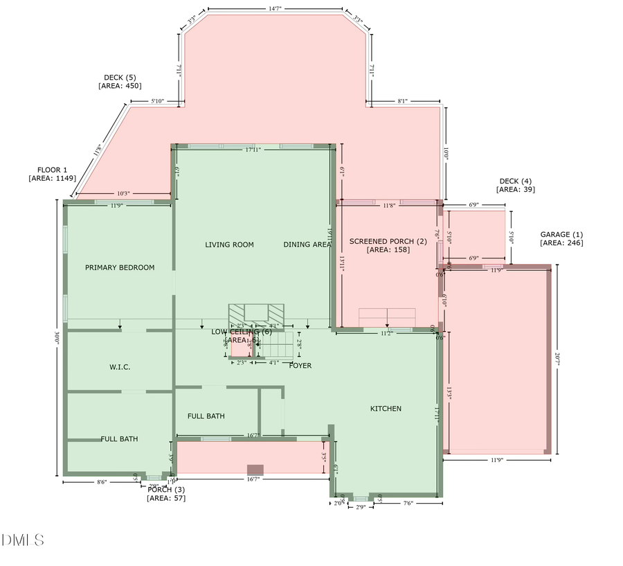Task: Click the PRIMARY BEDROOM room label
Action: click(120, 267)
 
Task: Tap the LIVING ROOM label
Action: click(229, 245)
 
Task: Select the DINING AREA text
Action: click(307, 245)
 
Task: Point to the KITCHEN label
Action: click(386, 409)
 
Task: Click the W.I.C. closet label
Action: click(120, 366)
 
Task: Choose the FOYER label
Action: click(300, 365)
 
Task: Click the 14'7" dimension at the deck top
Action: click(275, 9)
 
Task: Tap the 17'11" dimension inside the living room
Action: click(252, 150)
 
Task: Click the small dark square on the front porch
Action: click(255, 469)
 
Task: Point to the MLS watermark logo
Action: click(23, 540)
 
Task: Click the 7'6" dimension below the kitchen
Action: click(407, 504)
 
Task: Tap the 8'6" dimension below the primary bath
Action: click(101, 482)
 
